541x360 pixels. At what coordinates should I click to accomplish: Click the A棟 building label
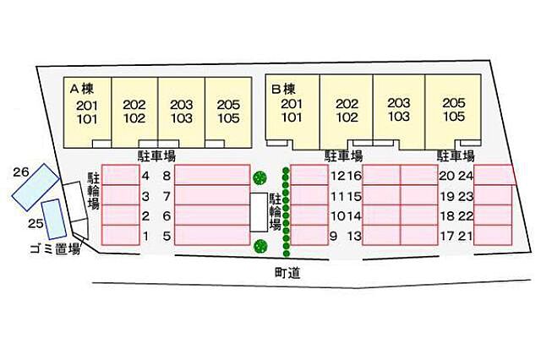tap(81, 90)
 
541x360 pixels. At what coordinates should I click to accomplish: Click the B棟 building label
tap(283, 90)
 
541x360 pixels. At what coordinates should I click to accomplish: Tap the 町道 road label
tap(287, 273)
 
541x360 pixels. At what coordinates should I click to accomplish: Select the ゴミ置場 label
tap(55, 248)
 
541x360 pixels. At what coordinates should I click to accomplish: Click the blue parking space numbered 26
tap(36, 187)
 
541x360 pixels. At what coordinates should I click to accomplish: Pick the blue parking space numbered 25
tap(54, 220)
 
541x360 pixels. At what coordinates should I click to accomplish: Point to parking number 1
tap(146, 237)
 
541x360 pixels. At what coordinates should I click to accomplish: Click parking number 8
tap(167, 176)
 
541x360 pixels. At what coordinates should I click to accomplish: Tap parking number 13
tap(354, 237)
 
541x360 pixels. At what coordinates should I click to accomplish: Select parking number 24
tap(466, 176)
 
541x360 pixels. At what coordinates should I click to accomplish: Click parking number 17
tap(447, 237)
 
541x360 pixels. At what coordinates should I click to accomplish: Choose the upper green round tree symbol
tap(260, 178)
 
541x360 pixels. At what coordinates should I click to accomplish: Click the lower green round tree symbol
tap(260, 246)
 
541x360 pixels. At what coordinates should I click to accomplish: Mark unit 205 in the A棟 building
tap(228, 105)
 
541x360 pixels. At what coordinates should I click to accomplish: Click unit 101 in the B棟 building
tap(292, 117)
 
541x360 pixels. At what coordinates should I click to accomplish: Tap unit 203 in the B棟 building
tap(399, 103)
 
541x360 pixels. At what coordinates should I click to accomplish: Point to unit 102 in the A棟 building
tap(134, 118)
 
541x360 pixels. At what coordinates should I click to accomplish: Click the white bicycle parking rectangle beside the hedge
tap(259, 212)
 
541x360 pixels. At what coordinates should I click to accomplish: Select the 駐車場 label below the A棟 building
tap(156, 156)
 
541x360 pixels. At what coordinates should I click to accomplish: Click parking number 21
tap(466, 237)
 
